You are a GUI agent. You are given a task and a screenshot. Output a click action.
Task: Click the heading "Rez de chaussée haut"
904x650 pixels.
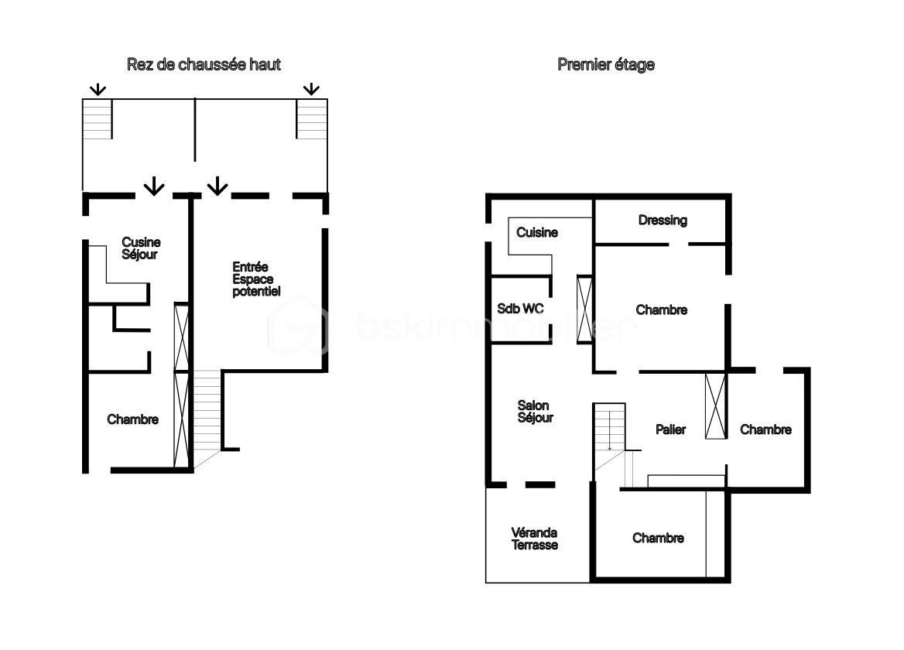click(204, 65)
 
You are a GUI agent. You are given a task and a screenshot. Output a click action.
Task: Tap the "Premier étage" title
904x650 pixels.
click(606, 65)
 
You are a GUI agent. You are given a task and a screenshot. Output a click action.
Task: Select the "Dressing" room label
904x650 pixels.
click(663, 221)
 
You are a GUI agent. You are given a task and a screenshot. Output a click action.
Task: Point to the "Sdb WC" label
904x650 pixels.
click(520, 309)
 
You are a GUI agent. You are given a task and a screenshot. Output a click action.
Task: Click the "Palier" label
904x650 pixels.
click(670, 429)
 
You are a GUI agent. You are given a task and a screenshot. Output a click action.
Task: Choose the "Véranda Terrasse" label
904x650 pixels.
click(534, 539)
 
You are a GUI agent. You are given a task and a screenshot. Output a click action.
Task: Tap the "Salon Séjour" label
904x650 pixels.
click(536, 412)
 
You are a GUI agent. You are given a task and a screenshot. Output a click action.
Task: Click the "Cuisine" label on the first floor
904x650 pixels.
click(537, 232)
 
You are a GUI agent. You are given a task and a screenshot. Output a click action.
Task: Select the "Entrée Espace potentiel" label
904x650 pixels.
click(256, 279)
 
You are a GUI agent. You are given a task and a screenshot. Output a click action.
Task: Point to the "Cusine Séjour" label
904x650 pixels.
click(141, 248)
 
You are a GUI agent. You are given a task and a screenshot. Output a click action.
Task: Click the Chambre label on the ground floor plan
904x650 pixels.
click(132, 419)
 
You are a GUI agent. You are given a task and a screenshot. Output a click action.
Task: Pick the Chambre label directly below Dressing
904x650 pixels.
click(662, 310)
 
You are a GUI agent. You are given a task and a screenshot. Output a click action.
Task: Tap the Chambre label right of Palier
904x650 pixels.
click(765, 429)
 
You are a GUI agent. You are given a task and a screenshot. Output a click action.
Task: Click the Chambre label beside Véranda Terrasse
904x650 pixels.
click(658, 538)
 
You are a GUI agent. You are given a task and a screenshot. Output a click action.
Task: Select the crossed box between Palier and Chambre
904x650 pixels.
click(716, 406)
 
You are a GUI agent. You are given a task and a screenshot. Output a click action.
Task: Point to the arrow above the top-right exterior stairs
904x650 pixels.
click(311, 89)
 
